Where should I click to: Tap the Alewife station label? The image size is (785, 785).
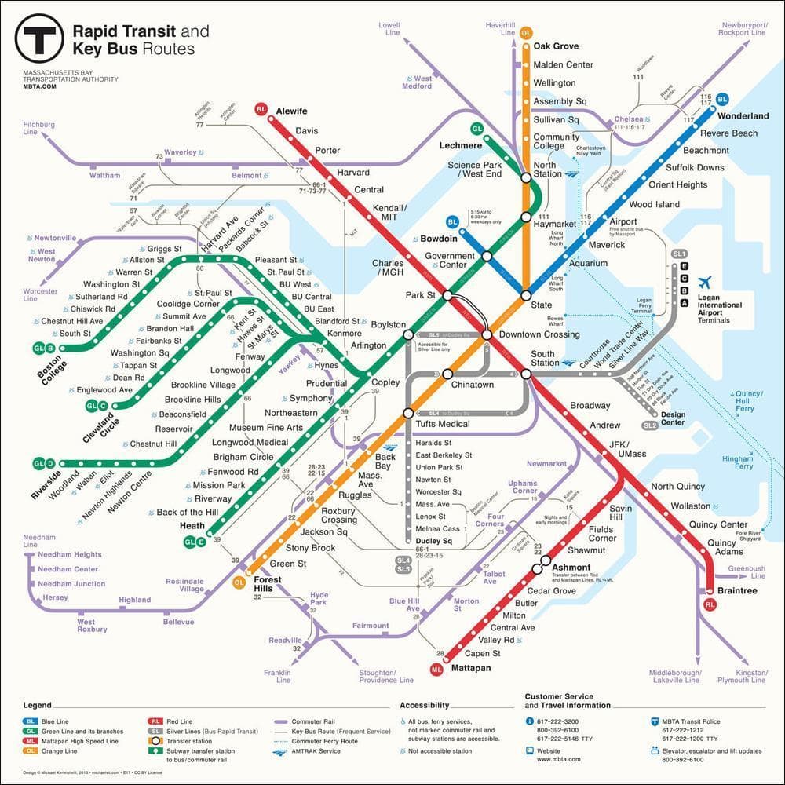(291, 111)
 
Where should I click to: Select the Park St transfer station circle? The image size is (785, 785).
(447, 296)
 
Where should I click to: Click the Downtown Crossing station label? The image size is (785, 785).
(539, 334)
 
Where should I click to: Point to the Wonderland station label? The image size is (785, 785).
(743, 116)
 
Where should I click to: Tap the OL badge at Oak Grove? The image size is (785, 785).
(526, 33)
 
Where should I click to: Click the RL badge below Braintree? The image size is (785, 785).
(710, 604)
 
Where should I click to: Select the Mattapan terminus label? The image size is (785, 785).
(471, 668)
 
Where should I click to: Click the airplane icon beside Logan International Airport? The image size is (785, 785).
(705, 282)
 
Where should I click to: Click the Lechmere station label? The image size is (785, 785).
(461, 145)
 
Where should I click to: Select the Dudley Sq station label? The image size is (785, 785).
(434, 542)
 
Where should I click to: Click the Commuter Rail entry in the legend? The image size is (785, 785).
(312, 720)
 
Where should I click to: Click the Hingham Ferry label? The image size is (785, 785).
(737, 462)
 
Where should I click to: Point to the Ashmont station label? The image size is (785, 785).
(571, 567)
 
